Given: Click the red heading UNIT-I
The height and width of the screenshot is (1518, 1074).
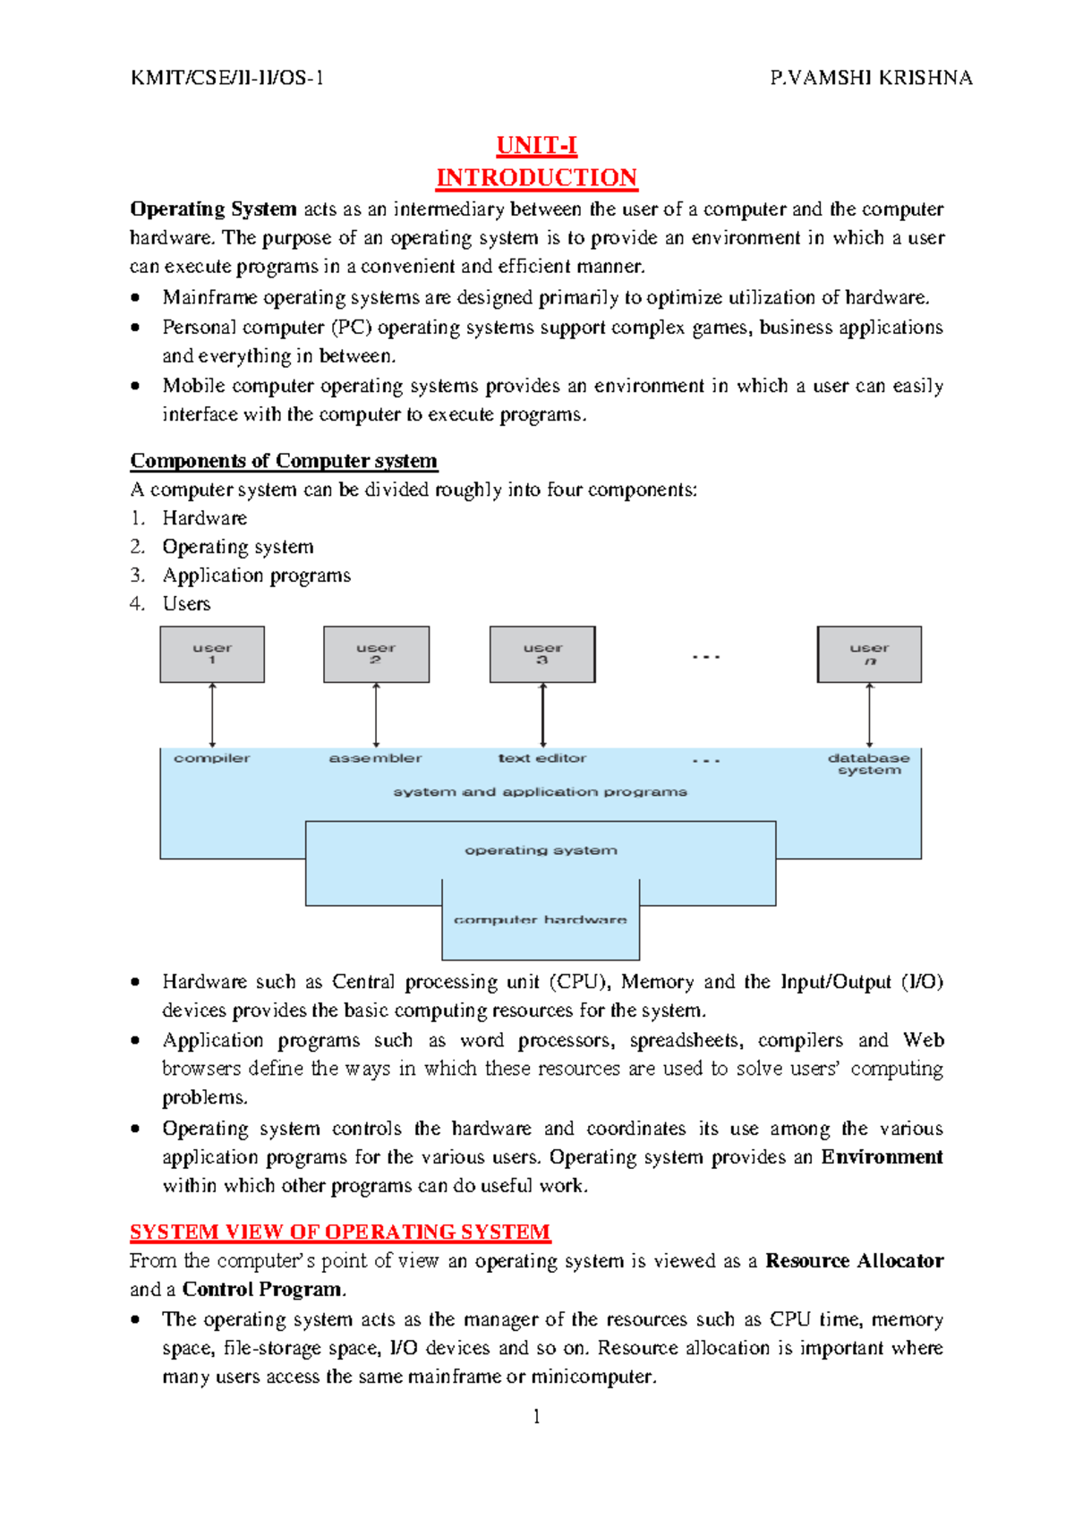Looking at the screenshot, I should [x=536, y=145].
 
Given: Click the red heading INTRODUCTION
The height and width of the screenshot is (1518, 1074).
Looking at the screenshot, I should [x=536, y=177].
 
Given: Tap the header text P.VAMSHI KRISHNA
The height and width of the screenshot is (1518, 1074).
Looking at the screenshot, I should [x=870, y=78].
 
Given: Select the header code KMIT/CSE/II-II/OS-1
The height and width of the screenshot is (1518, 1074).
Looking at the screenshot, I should [x=227, y=78].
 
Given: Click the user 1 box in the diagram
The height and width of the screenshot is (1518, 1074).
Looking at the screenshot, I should [x=212, y=654].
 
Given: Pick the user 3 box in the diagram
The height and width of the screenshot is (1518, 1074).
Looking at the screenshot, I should [x=542, y=654].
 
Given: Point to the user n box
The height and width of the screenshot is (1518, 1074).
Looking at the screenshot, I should [x=869, y=654].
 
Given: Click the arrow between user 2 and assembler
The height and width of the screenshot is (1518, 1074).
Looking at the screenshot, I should [x=376, y=715].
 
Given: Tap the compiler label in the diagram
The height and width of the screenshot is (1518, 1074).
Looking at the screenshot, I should [x=212, y=758].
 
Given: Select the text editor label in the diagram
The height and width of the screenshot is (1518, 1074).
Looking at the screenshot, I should [x=542, y=758].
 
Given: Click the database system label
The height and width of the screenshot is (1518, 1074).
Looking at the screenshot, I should [x=869, y=763].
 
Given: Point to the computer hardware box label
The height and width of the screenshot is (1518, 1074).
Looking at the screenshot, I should [x=541, y=920].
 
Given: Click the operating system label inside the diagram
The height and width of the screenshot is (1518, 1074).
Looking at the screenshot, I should [x=541, y=850].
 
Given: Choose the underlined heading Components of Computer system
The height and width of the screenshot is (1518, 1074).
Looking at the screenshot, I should [x=284, y=461].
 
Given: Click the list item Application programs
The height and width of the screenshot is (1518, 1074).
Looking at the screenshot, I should [x=257, y=576].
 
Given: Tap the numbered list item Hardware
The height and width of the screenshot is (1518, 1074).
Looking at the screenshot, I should [x=205, y=518].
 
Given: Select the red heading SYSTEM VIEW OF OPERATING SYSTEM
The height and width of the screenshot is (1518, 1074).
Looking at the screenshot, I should [x=340, y=1232].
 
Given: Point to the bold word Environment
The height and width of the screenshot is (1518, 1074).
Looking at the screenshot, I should [x=882, y=1156].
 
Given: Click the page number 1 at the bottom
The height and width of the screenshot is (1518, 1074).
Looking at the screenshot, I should [x=536, y=1416].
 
